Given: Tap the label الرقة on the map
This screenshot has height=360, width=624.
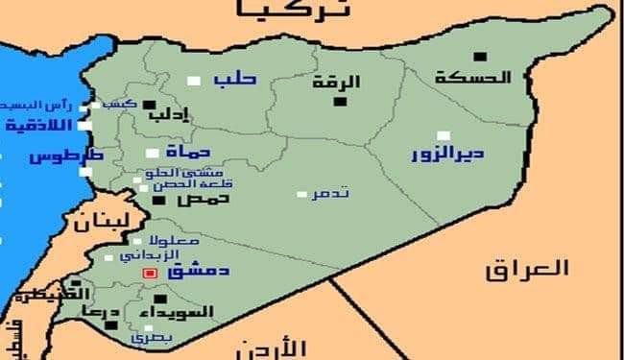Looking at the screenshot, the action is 333,83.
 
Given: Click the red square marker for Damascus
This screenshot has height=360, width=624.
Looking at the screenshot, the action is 149,274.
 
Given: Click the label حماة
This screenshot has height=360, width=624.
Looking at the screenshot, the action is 186,152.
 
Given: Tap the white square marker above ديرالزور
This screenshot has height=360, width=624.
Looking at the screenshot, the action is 443,135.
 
